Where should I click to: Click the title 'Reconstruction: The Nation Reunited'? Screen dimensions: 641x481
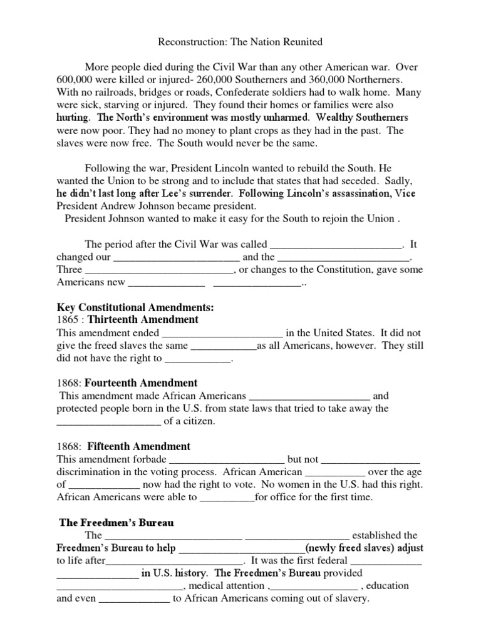(x=240, y=42)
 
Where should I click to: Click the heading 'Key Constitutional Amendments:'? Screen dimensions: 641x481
(x=135, y=307)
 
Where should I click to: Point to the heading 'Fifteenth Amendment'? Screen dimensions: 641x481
(x=138, y=446)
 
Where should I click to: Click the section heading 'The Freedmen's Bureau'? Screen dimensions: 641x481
(x=116, y=523)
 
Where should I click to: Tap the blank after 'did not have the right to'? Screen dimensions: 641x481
(x=198, y=359)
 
